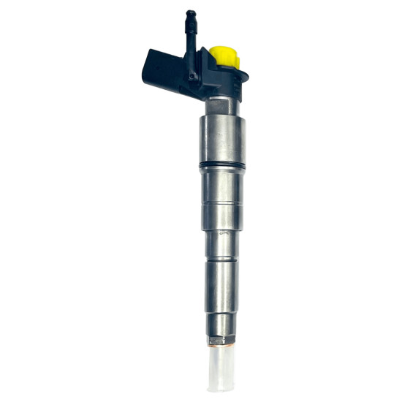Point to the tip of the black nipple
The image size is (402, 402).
pos(191,13)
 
